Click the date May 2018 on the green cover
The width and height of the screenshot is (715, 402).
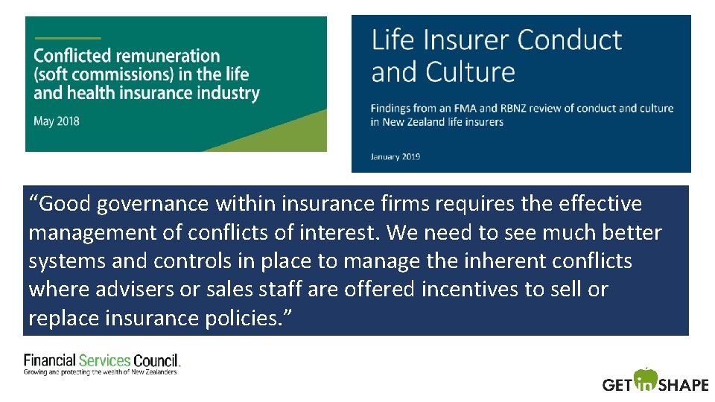[57, 121]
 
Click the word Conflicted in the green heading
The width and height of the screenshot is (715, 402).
[71, 56]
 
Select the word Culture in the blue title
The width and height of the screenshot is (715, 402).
[471, 72]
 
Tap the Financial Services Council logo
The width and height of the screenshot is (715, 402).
[102, 363]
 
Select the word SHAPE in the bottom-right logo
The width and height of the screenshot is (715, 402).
[683, 385]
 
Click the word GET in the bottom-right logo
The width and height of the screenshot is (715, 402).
[617, 385]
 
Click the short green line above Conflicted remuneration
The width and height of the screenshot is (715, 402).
[67, 38]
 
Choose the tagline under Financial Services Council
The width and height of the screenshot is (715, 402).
[101, 371]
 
